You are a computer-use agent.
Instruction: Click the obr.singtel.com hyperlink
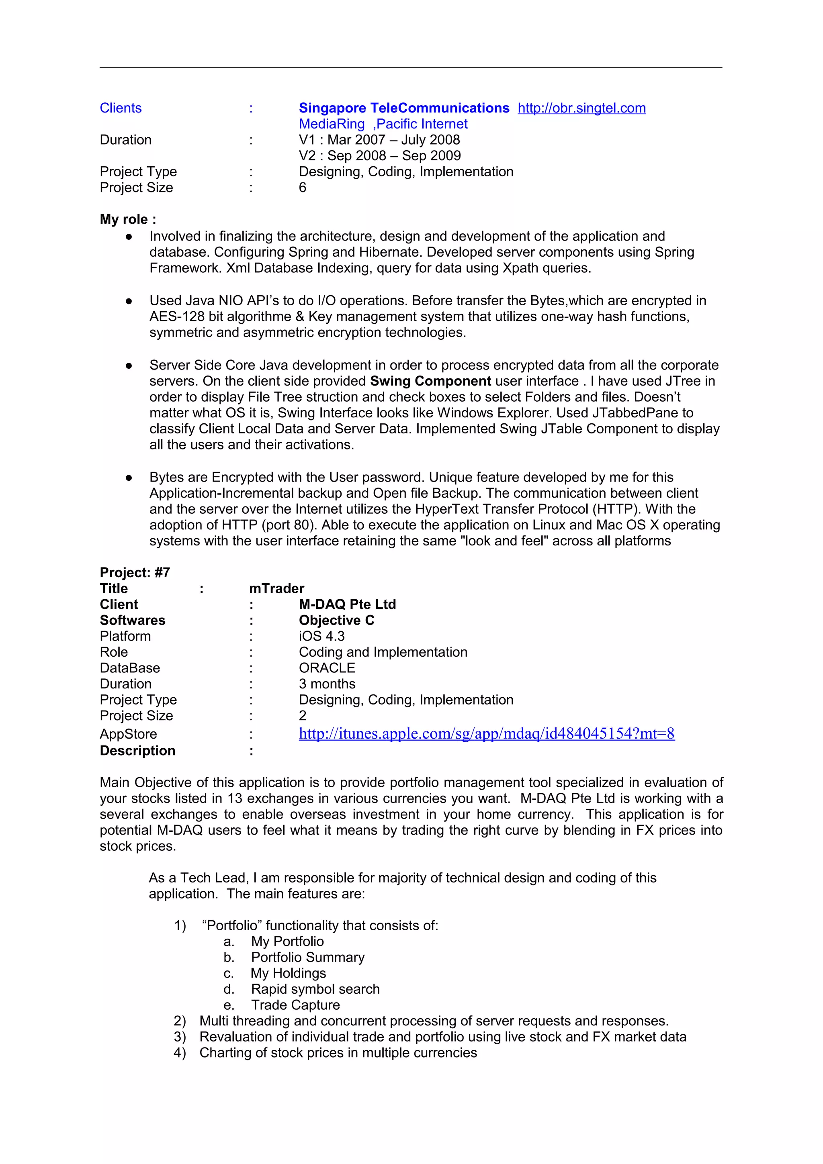[581, 108]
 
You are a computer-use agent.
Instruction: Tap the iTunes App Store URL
[486, 733]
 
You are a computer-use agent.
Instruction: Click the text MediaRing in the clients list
[331, 124]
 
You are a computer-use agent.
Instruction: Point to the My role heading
[128, 220]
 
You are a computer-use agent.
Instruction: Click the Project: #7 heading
[135, 572]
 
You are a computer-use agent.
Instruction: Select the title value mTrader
[276, 588]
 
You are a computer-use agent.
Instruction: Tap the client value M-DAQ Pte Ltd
[347, 604]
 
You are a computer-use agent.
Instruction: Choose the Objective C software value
[336, 620]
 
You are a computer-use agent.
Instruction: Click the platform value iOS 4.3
[321, 636]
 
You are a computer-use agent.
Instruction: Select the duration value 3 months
[327, 684]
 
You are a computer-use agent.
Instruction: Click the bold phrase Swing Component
[430, 381]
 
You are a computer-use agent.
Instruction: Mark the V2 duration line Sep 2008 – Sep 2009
[380, 155]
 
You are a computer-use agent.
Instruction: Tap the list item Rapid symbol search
[315, 989]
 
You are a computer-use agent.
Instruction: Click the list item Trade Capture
[295, 1005]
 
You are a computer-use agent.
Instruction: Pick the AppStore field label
[128, 734]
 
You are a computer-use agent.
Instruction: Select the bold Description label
[137, 751]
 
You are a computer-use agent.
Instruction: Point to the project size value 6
[302, 188]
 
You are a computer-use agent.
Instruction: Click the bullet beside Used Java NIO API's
[129, 301]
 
